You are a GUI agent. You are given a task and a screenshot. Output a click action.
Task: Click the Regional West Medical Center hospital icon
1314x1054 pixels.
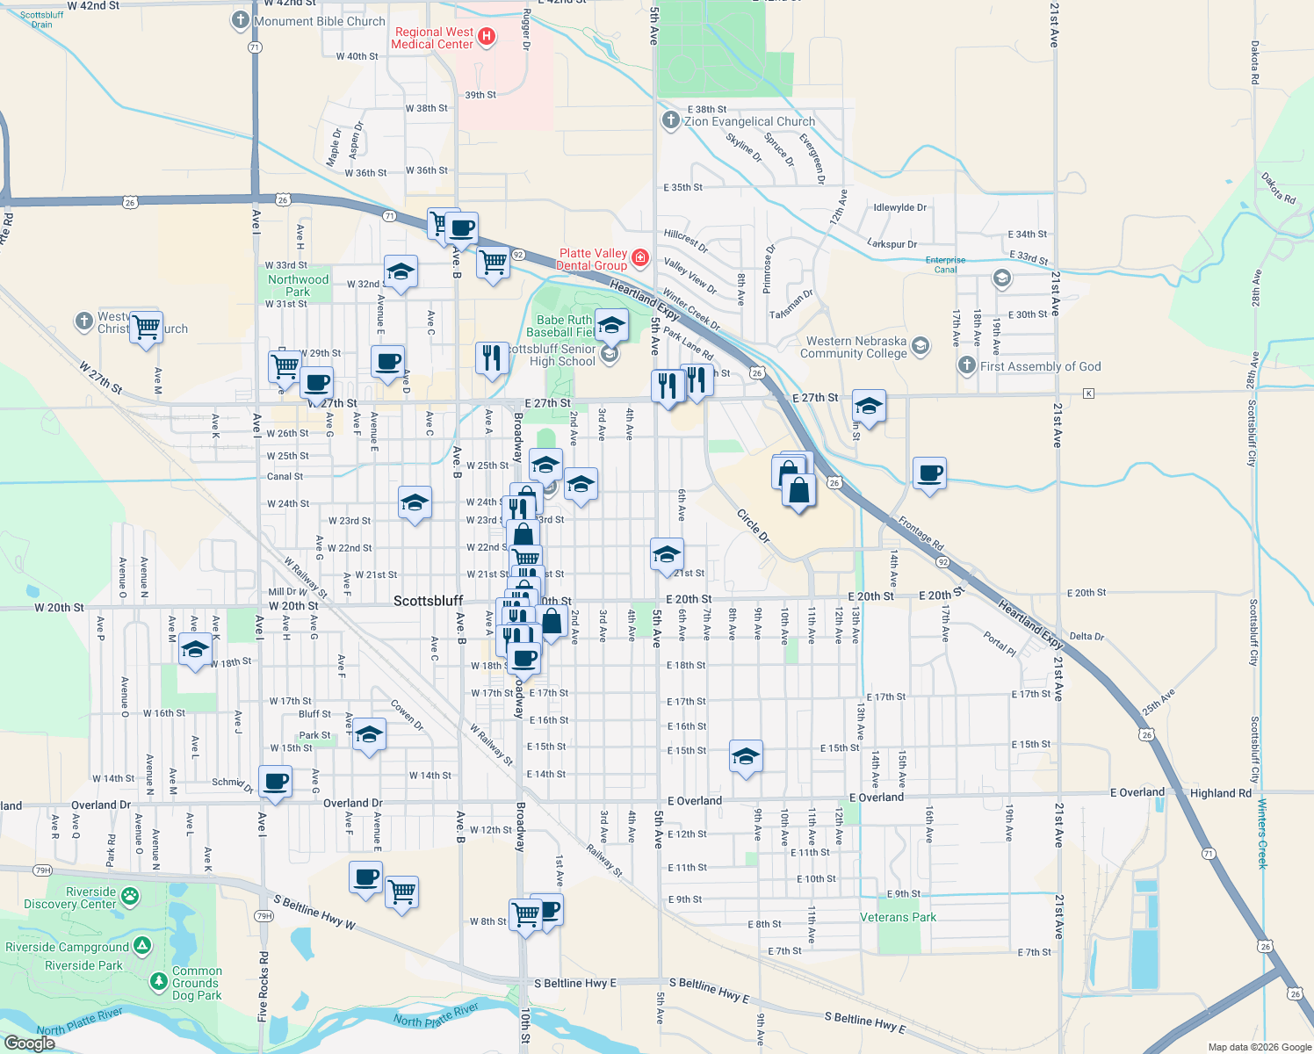pyautogui.click(x=487, y=37)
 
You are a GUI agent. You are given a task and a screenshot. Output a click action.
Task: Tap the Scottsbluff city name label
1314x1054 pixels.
pyautogui.click(x=428, y=601)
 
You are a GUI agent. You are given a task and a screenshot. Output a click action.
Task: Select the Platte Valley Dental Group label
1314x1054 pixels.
pyautogui.click(x=593, y=259)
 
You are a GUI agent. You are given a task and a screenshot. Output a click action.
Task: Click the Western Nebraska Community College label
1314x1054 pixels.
pyautogui.click(x=853, y=347)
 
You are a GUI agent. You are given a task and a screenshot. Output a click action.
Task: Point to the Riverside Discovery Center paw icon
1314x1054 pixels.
pyautogui.click(x=130, y=897)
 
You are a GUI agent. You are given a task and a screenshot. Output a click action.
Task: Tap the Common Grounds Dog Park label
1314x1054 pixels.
pyautogui.click(x=197, y=983)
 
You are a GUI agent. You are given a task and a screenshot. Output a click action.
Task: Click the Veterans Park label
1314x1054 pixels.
pyautogui.click(x=898, y=917)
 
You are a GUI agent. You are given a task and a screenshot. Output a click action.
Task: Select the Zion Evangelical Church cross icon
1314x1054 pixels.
pyautogui.click(x=670, y=120)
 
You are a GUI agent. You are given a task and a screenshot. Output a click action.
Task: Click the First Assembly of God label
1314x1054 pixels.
pyautogui.click(x=1040, y=366)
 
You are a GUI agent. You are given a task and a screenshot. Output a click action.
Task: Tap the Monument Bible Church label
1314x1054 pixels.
pyautogui.click(x=319, y=21)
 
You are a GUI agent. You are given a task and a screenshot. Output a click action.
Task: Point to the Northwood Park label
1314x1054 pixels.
pyautogui.click(x=298, y=285)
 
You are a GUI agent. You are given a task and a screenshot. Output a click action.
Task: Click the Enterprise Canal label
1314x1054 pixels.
pyautogui.click(x=945, y=264)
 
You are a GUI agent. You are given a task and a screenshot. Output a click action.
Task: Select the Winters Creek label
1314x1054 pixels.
pyautogui.click(x=1262, y=834)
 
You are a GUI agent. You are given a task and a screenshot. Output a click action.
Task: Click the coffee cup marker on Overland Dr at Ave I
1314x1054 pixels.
pyautogui.click(x=276, y=780)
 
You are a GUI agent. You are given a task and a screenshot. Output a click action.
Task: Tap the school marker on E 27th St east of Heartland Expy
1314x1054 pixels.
pyautogui.click(x=869, y=406)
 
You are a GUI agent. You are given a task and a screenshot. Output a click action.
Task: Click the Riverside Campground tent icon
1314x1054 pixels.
pyautogui.click(x=142, y=947)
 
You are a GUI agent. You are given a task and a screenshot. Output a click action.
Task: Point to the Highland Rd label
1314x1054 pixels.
pyautogui.click(x=1220, y=793)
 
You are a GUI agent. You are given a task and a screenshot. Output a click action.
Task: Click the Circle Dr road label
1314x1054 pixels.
pyautogui.click(x=753, y=525)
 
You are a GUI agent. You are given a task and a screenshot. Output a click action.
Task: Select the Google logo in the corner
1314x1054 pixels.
pyautogui.click(x=29, y=1043)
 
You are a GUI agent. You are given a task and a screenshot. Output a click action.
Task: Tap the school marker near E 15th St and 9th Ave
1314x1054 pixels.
pyautogui.click(x=746, y=755)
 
